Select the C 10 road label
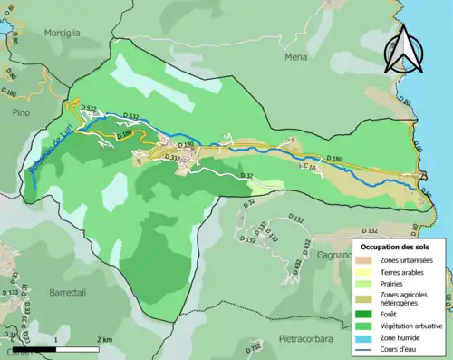pos(307,167)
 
